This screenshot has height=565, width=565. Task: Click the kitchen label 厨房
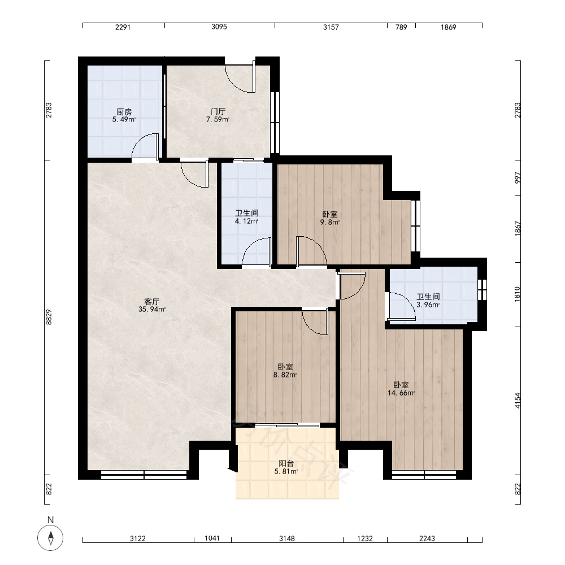point(124,112)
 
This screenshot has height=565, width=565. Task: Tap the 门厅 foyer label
point(218,111)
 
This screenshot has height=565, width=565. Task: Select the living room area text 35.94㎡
point(152,309)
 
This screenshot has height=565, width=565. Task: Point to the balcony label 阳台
point(286,463)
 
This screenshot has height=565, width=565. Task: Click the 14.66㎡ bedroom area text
point(401,393)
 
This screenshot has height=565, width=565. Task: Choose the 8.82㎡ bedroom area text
point(285,375)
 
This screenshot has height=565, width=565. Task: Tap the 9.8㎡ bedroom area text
point(330,222)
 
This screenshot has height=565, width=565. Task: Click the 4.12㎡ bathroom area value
point(247,221)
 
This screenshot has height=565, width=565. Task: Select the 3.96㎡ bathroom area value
point(428,305)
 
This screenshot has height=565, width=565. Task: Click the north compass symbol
point(50,538)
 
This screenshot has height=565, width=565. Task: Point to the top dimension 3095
point(219,27)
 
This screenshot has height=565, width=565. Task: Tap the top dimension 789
point(401,27)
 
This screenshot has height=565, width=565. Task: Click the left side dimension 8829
point(49,317)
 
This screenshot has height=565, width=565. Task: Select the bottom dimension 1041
point(212,538)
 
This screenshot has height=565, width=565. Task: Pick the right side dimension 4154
point(518,401)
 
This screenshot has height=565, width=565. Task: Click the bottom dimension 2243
point(427,538)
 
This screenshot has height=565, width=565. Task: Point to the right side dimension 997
point(518,177)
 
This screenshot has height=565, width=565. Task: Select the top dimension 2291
point(123,27)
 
